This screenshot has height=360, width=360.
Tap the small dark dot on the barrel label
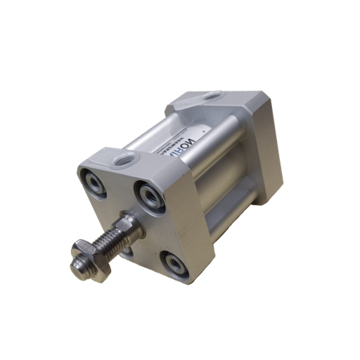202,130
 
